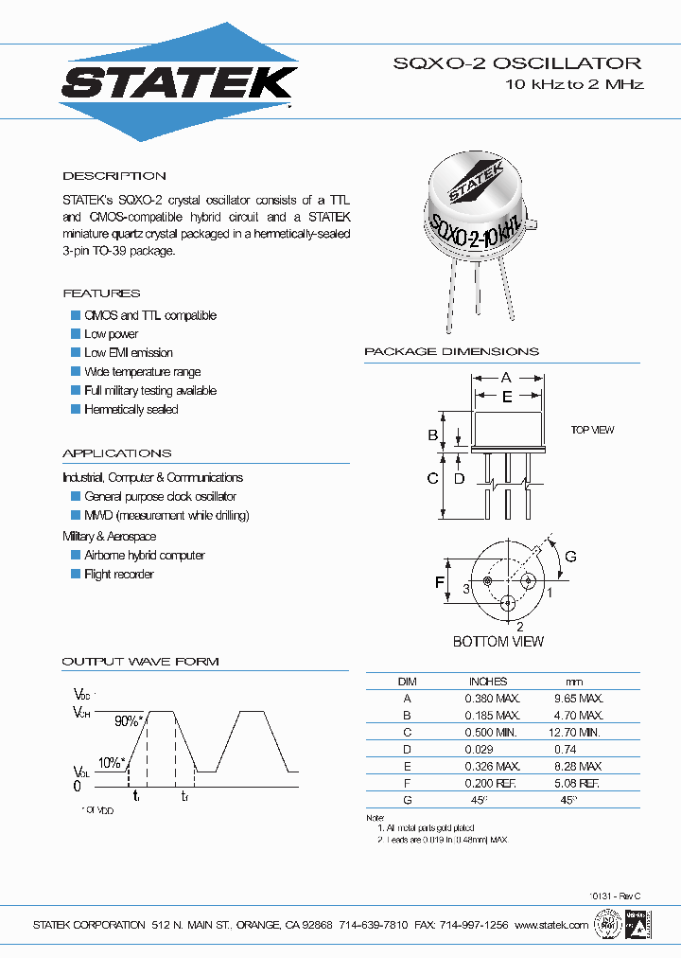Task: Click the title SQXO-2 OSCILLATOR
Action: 516,63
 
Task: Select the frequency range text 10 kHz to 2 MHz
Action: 574,85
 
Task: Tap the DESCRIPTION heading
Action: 114,176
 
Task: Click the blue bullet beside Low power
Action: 76,334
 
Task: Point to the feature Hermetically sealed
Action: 131,410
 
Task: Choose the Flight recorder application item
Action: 118,575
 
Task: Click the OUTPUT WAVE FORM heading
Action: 140,661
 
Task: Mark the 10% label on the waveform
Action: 110,762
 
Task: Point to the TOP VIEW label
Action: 592,431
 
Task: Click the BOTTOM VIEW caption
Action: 498,642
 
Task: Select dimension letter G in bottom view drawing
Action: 571,555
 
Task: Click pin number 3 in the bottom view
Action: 466,589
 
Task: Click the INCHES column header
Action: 488,681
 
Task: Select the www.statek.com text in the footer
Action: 552,924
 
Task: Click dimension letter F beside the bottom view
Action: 440,582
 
